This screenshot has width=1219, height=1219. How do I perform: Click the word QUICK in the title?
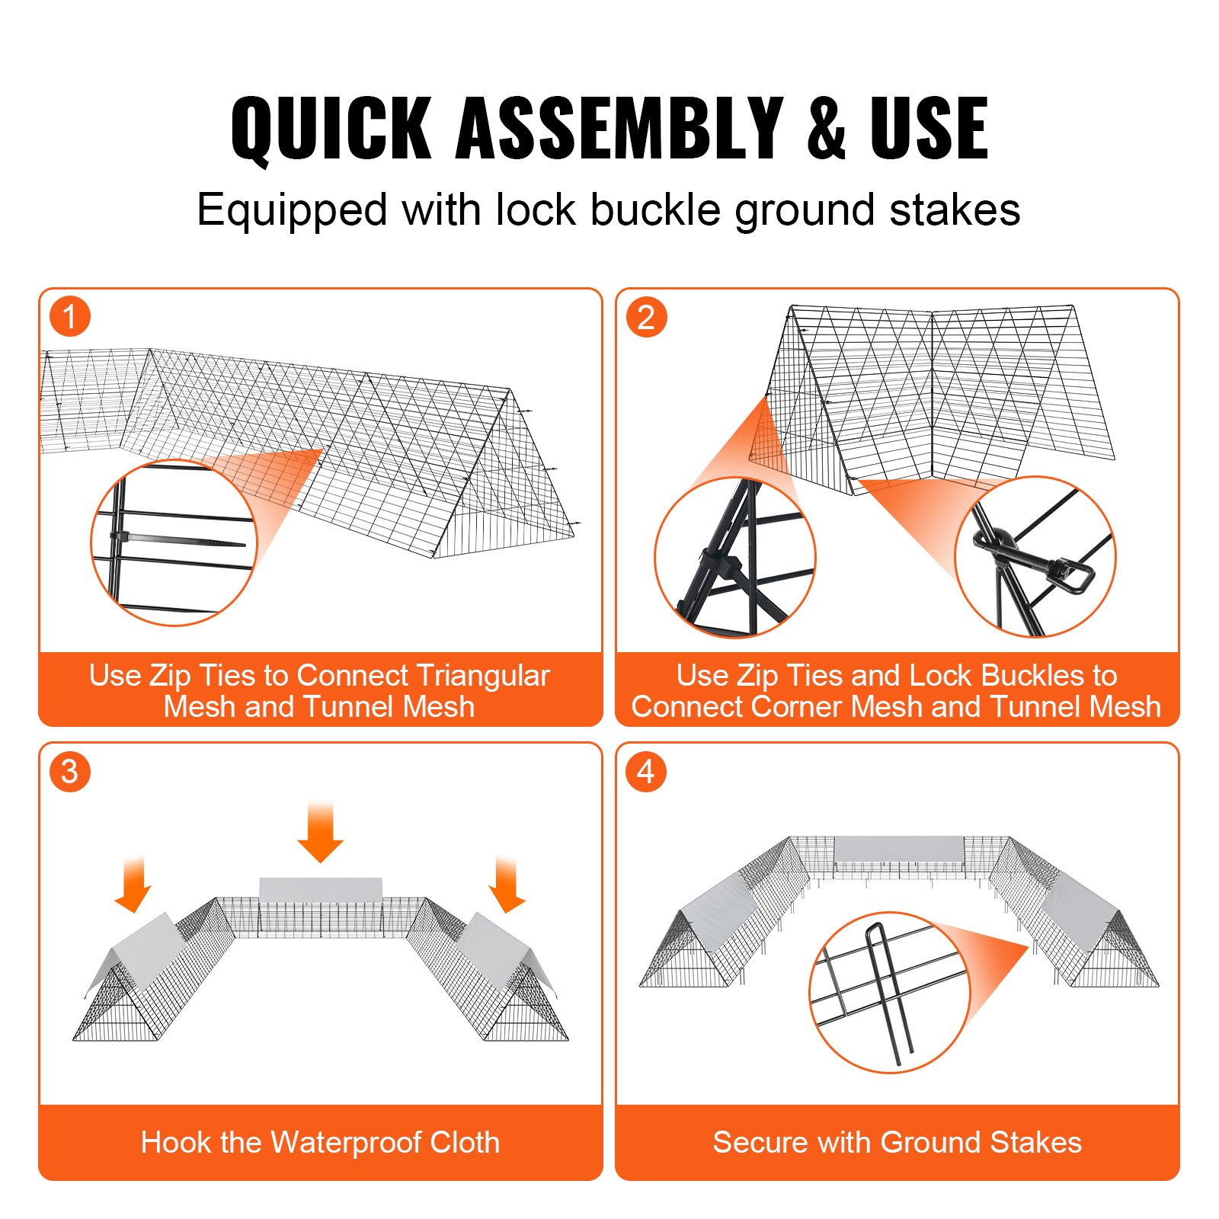click(331, 130)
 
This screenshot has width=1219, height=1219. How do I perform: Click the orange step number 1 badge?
click(70, 317)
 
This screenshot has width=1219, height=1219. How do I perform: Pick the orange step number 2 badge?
click(646, 317)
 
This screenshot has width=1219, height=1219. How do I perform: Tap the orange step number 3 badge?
click(70, 771)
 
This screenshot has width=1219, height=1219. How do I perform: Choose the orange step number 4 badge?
click(646, 771)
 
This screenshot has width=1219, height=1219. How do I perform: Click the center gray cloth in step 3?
click(320, 888)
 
